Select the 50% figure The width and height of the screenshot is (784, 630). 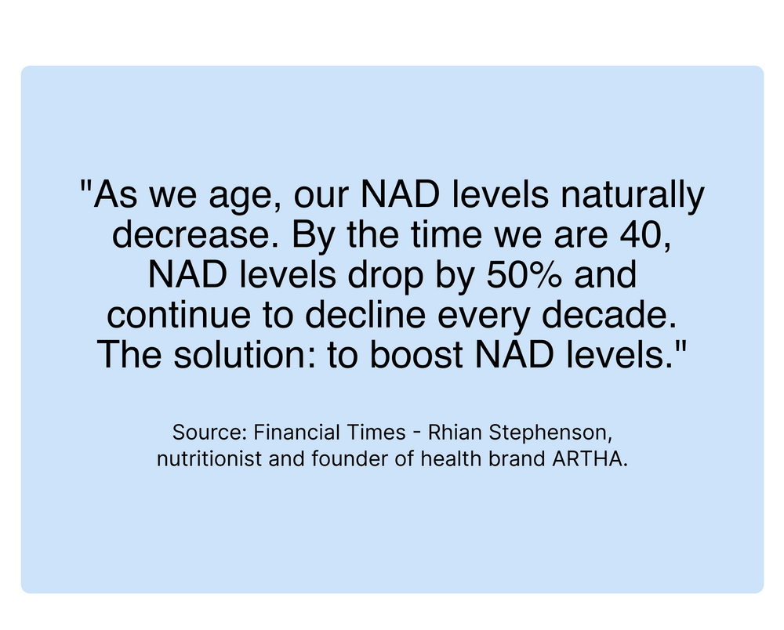point(524,274)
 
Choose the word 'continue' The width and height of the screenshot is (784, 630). point(179,315)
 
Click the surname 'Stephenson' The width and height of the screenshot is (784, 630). point(547,433)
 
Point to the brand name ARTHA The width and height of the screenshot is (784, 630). point(587,459)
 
